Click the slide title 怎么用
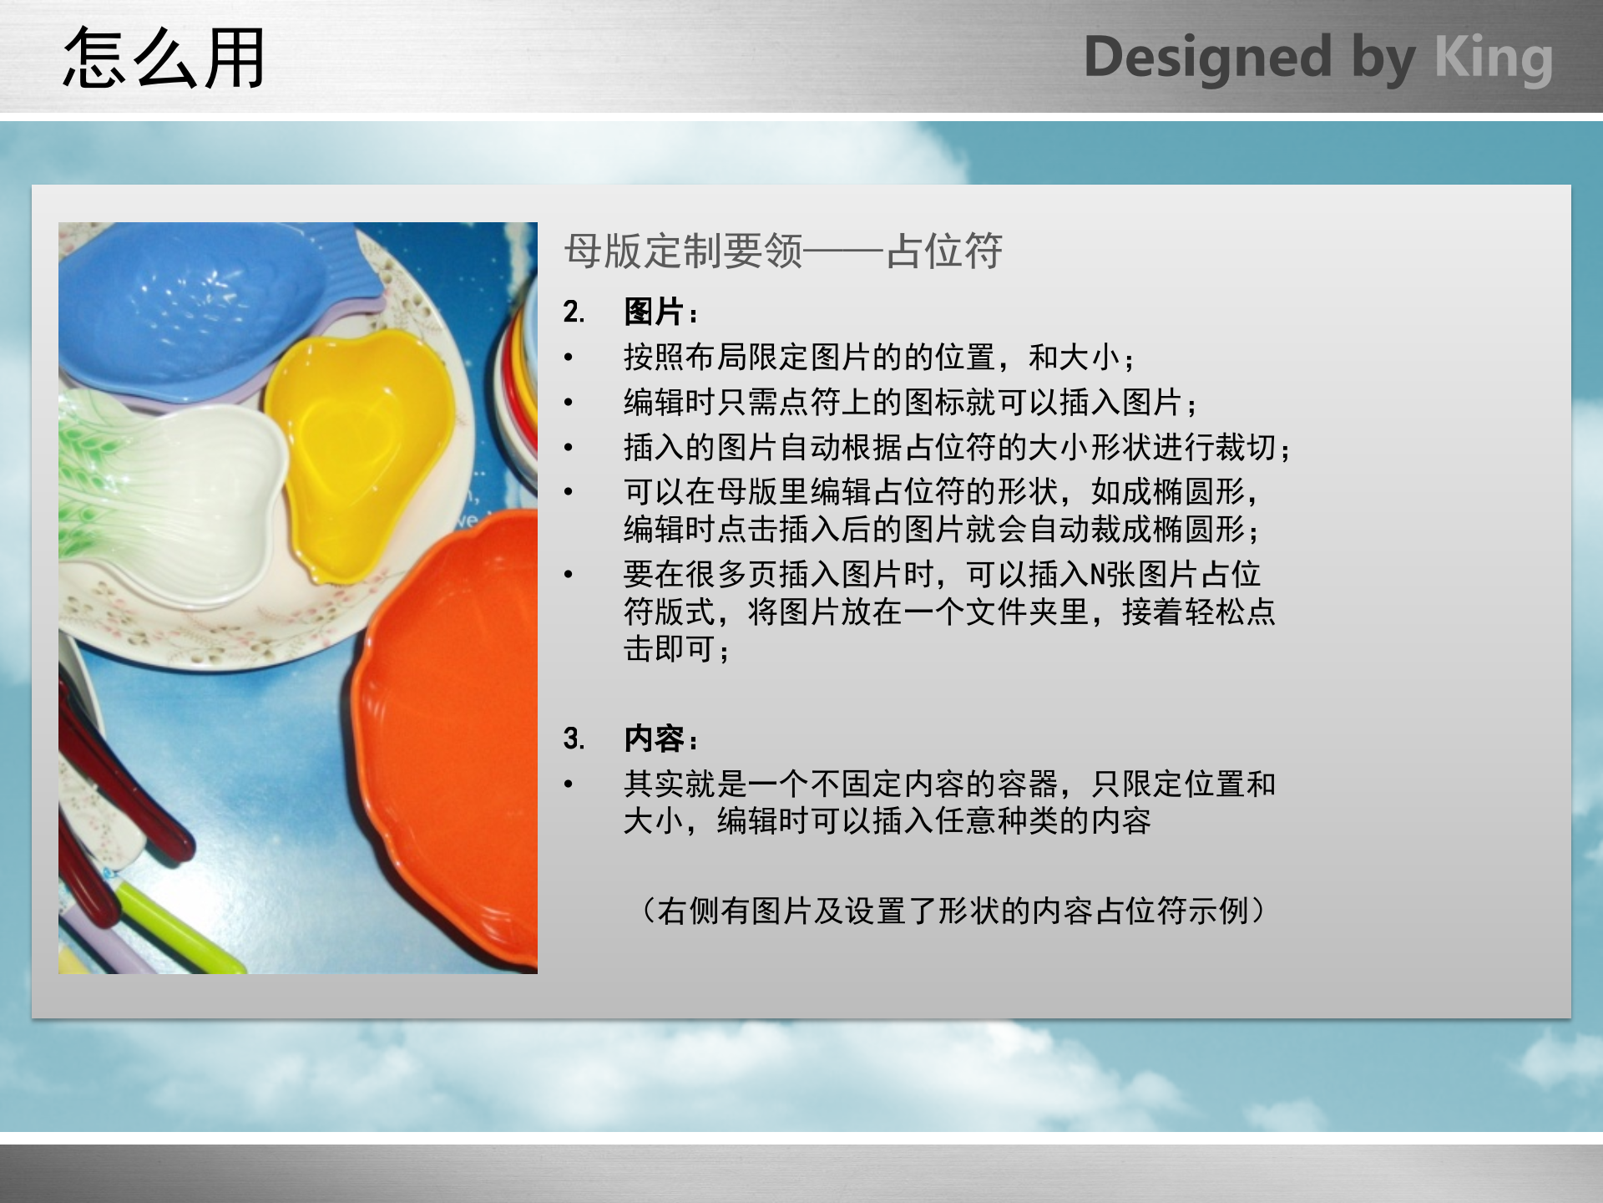(164, 58)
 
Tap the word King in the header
(1493, 58)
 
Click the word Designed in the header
(1207, 58)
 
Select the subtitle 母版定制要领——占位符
(783, 251)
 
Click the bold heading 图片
(654, 312)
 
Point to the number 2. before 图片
(574, 312)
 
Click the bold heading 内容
(654, 739)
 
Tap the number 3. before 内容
(574, 739)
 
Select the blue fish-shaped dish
(192, 309)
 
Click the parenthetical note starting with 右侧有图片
(952, 911)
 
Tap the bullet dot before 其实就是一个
(569, 784)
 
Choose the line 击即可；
(676, 649)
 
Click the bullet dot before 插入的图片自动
(569, 448)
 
